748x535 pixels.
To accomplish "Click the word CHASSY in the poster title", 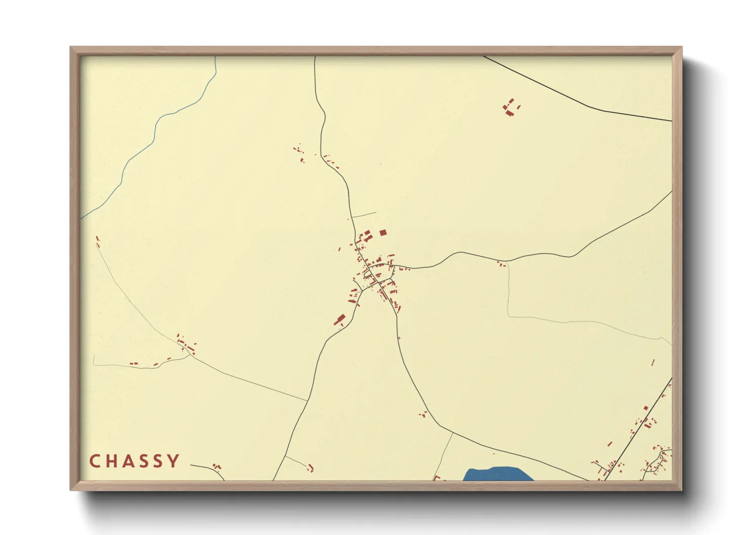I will point(134,461).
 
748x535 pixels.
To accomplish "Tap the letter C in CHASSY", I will point(95,461).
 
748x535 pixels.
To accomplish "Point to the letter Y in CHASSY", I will point(174,461).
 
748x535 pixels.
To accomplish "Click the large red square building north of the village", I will point(383,233).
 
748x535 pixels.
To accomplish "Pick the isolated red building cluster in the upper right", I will point(511,108).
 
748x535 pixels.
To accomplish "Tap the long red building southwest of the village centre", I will point(339,320).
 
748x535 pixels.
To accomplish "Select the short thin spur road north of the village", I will point(364,214).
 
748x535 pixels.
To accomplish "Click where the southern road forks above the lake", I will point(452,433).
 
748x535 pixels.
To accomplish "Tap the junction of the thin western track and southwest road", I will point(307,400).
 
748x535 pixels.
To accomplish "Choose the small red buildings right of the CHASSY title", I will point(217,466).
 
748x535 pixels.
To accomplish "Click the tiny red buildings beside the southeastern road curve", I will point(423,415).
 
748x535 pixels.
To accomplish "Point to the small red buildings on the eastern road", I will point(501,263).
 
